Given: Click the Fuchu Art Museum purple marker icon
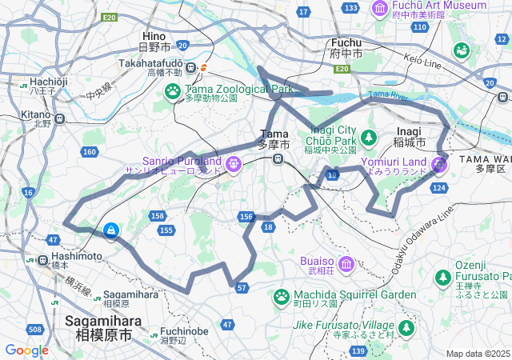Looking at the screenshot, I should pyautogui.click(x=381, y=7).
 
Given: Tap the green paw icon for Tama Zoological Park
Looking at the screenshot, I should pyautogui.click(x=173, y=92).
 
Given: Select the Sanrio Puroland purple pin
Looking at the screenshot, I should pyautogui.click(x=233, y=165).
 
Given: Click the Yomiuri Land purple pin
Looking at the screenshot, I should pyautogui.click(x=438, y=165).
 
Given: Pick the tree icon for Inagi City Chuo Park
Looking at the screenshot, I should pyautogui.click(x=368, y=138).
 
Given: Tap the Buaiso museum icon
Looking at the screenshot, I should pyautogui.click(x=346, y=264).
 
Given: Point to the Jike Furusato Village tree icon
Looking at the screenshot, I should pyautogui.click(x=406, y=327).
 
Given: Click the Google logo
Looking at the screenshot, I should pyautogui.click(x=26, y=350).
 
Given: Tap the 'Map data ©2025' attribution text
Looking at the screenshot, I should pyautogui.click(x=478, y=354).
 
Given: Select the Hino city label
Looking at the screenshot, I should pyautogui.click(x=153, y=36).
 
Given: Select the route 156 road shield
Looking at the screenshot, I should pyautogui.click(x=246, y=217).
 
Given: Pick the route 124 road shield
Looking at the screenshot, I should pyautogui.click(x=438, y=187).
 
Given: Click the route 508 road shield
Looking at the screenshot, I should pyautogui.click(x=34, y=330).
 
